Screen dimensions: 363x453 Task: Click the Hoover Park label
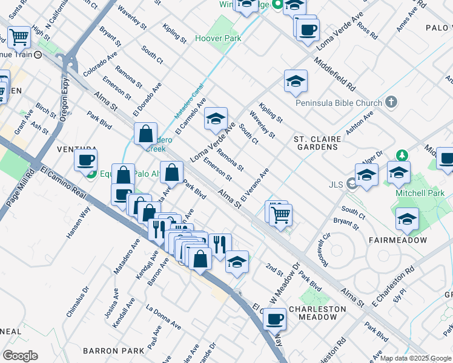click(x=218, y=39)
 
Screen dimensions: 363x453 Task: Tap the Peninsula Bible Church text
click(x=339, y=102)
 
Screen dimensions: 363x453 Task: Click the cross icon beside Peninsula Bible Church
click(x=392, y=102)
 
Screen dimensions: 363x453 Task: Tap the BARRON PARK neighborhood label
click(x=113, y=350)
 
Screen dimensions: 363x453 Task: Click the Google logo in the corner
click(x=19, y=356)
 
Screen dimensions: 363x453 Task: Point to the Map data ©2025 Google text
click(x=415, y=358)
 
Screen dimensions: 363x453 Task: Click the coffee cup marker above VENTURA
click(x=85, y=160)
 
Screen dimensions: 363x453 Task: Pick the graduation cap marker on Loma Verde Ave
click(x=216, y=118)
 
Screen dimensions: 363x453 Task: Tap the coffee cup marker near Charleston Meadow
click(x=274, y=318)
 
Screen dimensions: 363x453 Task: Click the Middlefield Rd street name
click(x=343, y=70)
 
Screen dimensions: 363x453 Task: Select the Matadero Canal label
click(x=190, y=100)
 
